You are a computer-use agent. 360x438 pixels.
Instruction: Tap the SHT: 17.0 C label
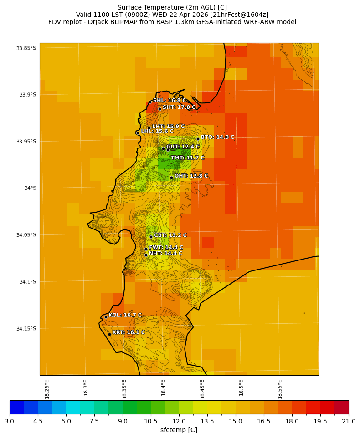(179, 107)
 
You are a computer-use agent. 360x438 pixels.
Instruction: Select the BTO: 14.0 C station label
(217, 137)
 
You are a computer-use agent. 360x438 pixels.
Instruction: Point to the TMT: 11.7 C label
(187, 158)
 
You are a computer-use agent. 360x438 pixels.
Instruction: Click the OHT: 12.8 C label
(191, 176)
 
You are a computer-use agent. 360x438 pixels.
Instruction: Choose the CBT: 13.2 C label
(170, 235)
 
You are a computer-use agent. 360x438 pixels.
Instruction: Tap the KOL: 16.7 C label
(125, 315)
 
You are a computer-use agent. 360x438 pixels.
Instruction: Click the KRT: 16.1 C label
(129, 332)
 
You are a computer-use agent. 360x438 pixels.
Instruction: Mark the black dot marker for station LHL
(138, 133)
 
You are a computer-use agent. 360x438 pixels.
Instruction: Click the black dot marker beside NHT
(146, 255)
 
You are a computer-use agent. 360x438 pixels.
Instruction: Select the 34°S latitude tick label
(27, 188)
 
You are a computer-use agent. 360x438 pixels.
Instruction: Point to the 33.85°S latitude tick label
(26, 48)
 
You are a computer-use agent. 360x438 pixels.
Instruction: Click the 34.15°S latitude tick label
(26, 329)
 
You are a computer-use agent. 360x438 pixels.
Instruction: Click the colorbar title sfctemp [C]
(179, 430)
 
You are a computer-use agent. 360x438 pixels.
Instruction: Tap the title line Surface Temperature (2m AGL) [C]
(172, 7)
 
